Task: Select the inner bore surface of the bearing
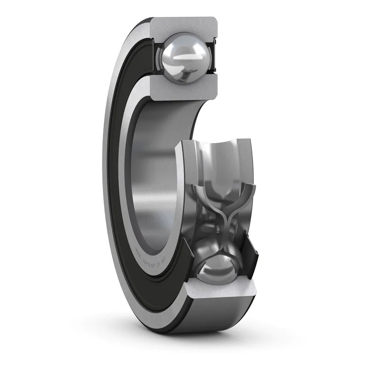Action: click(151, 183)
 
